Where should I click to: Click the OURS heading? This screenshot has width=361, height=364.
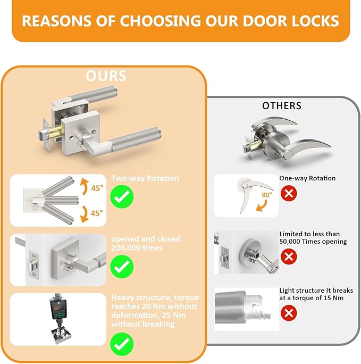(106, 76)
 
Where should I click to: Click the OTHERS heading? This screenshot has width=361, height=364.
(282, 106)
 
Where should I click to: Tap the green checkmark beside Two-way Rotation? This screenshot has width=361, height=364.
(122, 197)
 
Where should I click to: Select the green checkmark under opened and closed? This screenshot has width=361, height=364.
(122, 266)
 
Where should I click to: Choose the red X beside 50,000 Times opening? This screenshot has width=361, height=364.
(289, 257)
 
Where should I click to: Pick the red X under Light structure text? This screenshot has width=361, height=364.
(289, 313)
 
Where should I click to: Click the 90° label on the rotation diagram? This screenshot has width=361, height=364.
(266, 195)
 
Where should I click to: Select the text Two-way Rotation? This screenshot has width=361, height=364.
(137, 179)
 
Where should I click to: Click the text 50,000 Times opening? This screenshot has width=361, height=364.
(313, 241)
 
